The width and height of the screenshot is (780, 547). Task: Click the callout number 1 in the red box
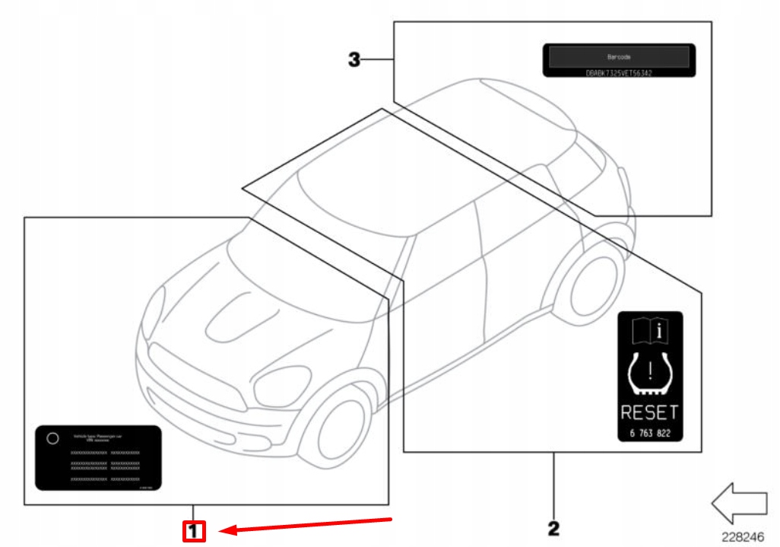point(194,530)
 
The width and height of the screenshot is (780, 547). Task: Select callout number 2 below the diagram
point(553,526)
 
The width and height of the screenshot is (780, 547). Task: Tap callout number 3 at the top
point(354,59)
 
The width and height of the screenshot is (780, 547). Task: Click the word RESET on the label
point(649,413)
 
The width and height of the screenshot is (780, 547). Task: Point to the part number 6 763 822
point(649,433)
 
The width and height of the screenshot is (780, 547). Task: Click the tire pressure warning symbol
point(650,374)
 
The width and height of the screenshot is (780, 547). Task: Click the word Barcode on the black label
point(618,57)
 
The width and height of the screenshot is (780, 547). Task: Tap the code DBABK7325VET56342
point(619,73)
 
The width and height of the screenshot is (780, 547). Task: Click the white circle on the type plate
point(52,438)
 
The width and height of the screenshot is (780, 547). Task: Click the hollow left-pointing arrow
point(739,503)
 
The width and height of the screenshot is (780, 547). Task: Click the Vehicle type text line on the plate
point(98,436)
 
